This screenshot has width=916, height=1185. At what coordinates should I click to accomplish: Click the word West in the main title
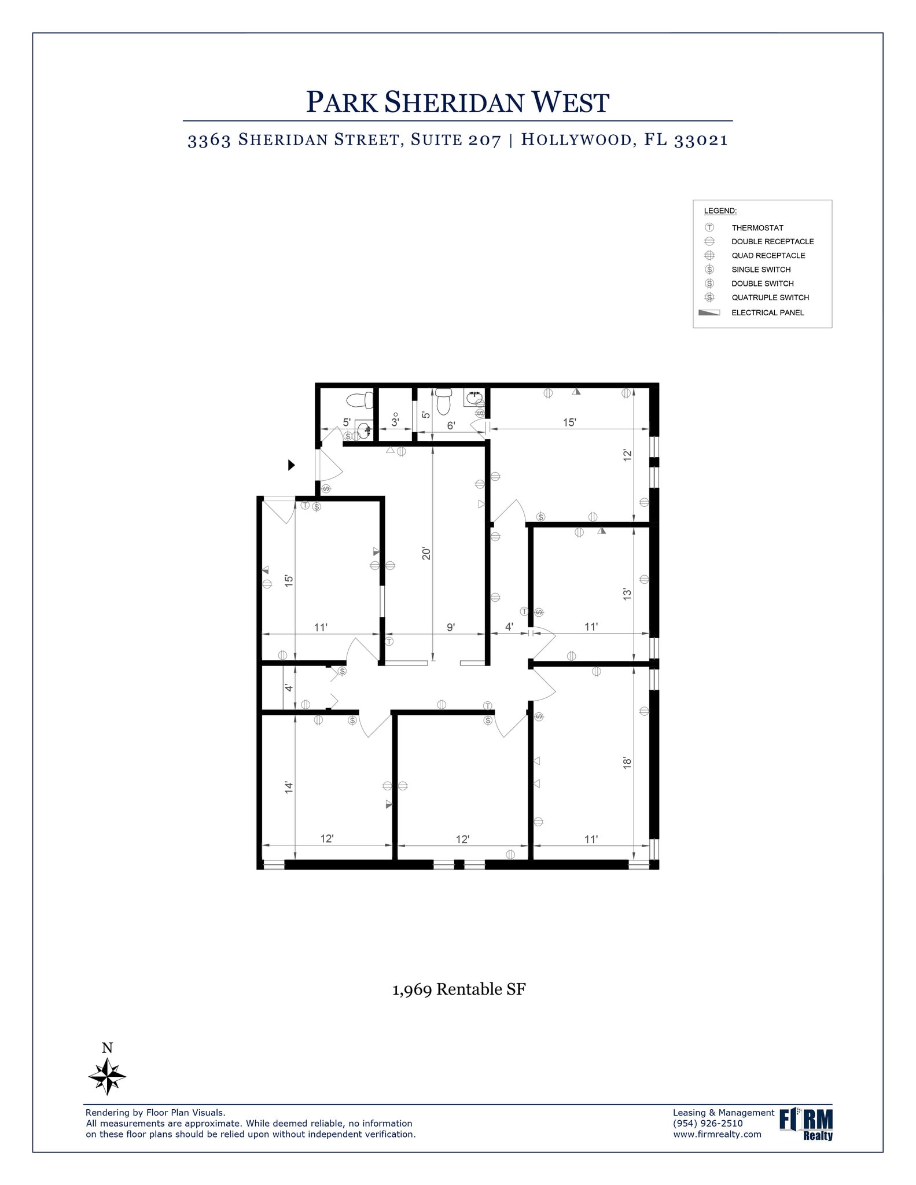tap(570, 102)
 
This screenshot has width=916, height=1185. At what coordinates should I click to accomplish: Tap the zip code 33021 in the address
tap(701, 140)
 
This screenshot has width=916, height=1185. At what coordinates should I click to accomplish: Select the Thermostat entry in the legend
tap(757, 228)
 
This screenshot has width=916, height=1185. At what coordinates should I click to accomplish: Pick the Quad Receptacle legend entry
tap(768, 256)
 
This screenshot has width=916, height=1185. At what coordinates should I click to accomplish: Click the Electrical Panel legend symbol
tap(709, 312)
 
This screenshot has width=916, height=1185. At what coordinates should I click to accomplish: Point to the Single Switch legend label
tap(760, 270)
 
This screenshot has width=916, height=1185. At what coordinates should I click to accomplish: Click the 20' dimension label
tap(426, 553)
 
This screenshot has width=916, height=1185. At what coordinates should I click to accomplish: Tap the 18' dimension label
tap(627, 763)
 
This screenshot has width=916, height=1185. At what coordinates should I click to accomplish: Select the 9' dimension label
tap(451, 627)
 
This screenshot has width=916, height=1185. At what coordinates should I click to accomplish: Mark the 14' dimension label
tap(289, 787)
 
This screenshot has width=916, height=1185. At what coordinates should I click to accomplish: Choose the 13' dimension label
tap(627, 594)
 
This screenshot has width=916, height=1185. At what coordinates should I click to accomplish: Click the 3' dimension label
tap(395, 422)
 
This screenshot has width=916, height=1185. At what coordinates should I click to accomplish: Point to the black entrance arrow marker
tap(292, 465)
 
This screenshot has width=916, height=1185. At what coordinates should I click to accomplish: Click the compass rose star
tap(107, 1076)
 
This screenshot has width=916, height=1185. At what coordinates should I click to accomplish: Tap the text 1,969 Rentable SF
tap(459, 989)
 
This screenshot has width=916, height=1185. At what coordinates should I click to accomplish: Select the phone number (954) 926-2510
tap(708, 1124)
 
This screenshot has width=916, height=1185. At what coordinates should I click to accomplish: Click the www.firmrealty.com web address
tap(717, 1134)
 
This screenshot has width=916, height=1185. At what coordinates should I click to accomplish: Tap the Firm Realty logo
tap(806, 1124)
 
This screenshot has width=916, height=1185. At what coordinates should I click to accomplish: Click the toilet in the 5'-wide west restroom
tap(359, 400)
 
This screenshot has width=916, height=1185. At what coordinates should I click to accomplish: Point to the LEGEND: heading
tap(720, 211)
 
